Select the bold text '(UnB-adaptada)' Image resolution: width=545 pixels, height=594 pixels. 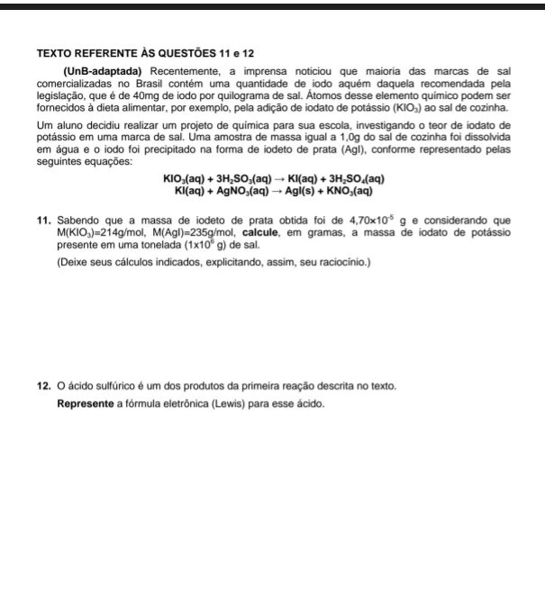pos(103,71)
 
